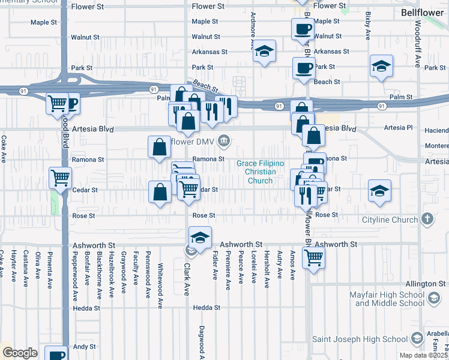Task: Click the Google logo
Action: point(20,353)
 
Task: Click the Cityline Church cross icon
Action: point(427,220)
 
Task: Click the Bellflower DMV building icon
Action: point(224,142)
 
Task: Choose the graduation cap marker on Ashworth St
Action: point(200,236)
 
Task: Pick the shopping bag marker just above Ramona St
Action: point(160,146)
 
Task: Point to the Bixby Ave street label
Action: point(367,28)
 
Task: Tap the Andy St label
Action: point(84,347)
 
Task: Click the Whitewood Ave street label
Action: point(160,277)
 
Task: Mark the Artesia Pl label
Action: point(402,128)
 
